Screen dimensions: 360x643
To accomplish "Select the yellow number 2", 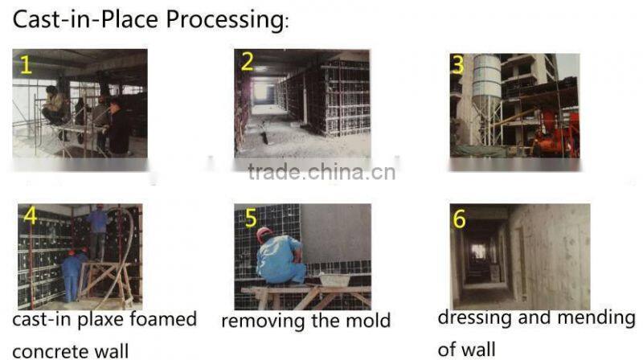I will (247, 62).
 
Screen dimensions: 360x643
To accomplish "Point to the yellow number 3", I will (459, 64).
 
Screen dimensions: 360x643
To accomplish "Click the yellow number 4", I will (31, 215).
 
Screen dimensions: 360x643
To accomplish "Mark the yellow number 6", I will (460, 219).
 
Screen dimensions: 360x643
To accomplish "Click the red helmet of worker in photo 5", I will (264, 233).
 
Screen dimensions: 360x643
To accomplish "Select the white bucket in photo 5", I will (334, 279).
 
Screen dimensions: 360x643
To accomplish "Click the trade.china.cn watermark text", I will (321, 172).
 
